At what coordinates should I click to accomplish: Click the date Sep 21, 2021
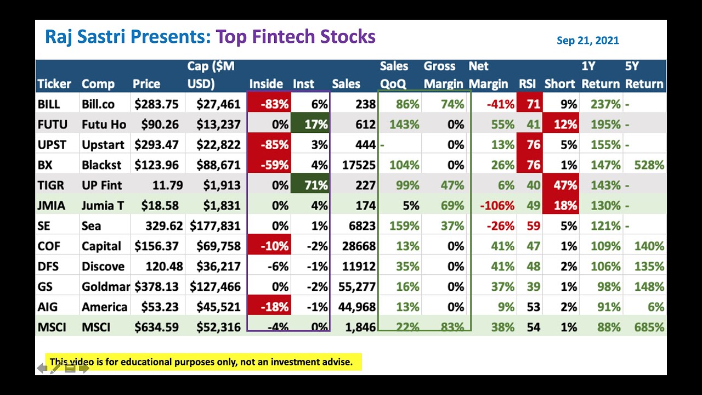(587, 40)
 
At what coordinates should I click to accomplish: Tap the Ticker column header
(54, 84)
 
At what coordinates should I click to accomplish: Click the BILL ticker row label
(49, 104)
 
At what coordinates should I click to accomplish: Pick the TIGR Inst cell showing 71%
(310, 185)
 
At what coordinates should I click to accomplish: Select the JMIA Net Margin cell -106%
(496, 206)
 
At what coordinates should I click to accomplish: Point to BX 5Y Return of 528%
(648, 165)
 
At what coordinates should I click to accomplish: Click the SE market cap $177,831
(216, 226)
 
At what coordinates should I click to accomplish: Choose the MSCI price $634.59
(156, 328)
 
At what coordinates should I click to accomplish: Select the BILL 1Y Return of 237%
(605, 104)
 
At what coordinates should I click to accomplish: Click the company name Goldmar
(105, 287)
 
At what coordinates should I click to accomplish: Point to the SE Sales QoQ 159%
(404, 226)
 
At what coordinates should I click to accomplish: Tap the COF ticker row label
(48, 246)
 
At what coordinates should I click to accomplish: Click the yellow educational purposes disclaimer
(203, 362)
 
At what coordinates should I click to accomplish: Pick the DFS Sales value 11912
(357, 267)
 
